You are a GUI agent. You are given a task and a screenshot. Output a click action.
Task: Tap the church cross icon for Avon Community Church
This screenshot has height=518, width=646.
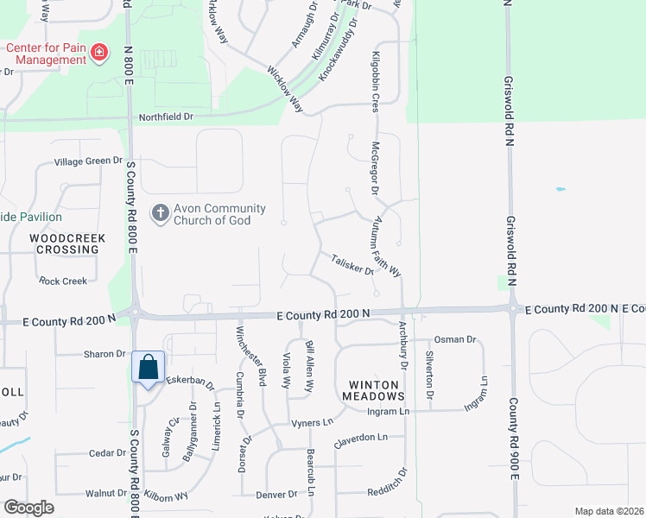[159, 212]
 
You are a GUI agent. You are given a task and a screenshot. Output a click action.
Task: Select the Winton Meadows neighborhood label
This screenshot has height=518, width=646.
[376, 389]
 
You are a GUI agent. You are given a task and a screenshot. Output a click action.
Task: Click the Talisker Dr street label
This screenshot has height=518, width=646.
[351, 264]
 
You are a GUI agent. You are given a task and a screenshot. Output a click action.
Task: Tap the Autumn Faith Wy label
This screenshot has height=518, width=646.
[386, 246]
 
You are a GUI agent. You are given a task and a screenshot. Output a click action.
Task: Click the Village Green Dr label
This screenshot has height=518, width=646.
[89, 161]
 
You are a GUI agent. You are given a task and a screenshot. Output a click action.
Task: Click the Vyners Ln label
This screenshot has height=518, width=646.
[311, 422]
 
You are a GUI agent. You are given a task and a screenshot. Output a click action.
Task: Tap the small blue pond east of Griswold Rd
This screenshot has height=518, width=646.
[561, 189]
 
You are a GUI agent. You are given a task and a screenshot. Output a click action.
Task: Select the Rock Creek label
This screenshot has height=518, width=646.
[63, 281]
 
